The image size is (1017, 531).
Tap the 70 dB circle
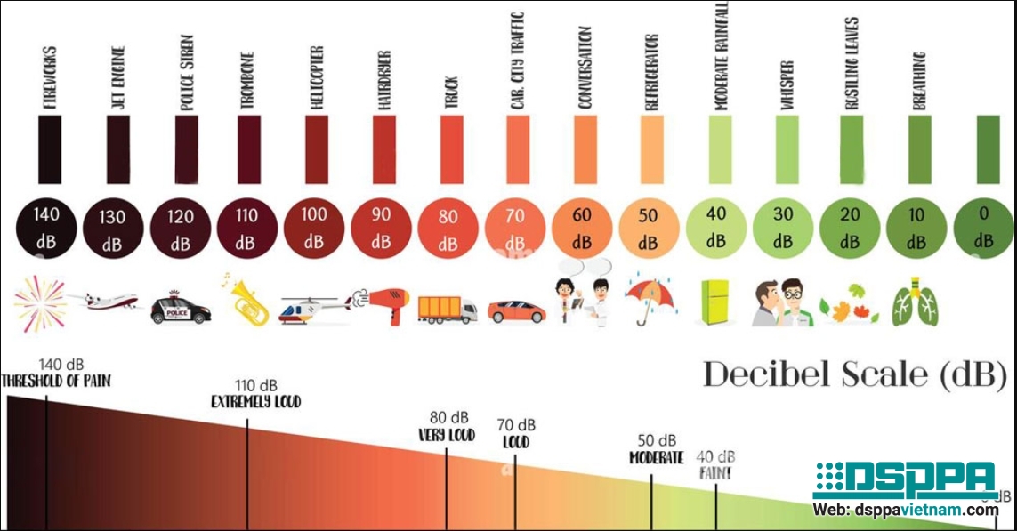click(515, 229)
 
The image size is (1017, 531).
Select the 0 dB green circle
click(982, 228)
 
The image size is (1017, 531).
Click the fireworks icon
click(39, 303)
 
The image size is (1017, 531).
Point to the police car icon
click(181, 307)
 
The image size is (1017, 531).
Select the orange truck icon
click(447, 308)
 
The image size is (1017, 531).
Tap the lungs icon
click(916, 303)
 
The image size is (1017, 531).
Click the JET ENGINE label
click(117, 77)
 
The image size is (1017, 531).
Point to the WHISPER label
click(786, 85)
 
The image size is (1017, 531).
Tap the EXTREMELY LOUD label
click(256, 402)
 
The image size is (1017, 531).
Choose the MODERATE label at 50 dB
click(657, 458)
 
